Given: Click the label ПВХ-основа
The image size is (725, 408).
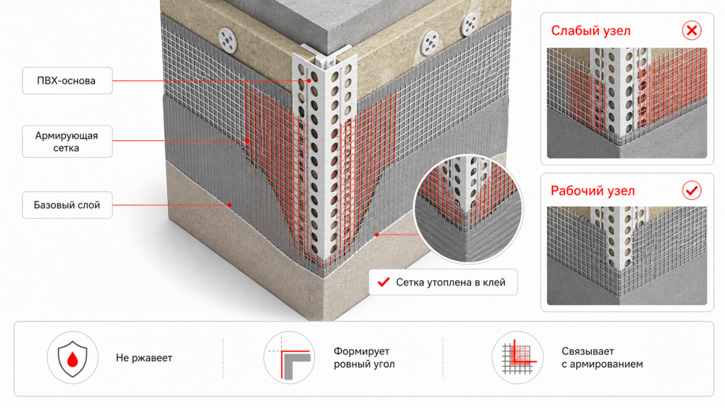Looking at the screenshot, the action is (67, 81).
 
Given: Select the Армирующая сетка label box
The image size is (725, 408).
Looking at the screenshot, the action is (67, 142).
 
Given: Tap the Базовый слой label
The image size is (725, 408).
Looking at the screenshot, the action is (67, 205).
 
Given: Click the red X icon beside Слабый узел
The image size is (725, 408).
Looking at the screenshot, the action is (692, 30).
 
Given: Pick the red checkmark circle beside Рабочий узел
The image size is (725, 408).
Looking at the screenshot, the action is (692, 190).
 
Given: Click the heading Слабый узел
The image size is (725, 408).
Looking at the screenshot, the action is (590, 31).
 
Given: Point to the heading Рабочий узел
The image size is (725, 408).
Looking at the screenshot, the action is (593, 191).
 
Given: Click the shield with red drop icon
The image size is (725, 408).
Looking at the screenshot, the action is (73, 358).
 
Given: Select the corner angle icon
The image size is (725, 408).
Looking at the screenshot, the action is (290, 358).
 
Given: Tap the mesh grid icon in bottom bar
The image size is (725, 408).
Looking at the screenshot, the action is (518, 358).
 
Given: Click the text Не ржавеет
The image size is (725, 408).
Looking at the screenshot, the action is (144, 358).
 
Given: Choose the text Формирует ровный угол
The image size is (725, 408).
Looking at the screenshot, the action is (365, 358).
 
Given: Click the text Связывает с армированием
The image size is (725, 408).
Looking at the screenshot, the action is (602, 358).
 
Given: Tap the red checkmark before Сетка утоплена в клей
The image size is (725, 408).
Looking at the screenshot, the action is (384, 282).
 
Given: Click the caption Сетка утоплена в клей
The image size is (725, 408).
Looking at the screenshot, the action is (450, 283).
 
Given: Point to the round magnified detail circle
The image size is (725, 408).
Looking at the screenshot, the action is (469, 208).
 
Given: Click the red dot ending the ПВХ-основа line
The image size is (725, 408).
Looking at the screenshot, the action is (309, 81).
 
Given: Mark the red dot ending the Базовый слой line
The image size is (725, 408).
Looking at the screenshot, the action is (230, 205).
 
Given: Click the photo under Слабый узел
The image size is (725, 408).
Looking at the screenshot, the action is (627, 103).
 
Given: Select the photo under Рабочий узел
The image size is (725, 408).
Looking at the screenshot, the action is (627, 256).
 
